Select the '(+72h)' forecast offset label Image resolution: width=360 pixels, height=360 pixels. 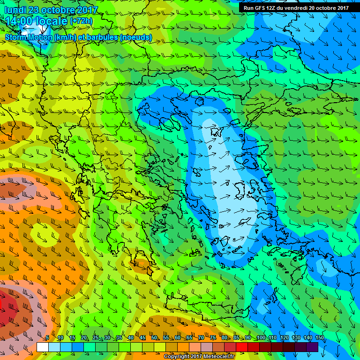(x=81, y=21)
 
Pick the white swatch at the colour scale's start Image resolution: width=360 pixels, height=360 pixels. (x=42, y=347)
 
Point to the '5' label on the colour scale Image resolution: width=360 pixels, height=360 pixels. (x=48, y=338)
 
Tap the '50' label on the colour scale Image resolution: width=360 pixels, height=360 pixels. (x=154, y=338)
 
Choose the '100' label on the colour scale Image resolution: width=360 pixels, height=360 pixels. (x=261, y=338)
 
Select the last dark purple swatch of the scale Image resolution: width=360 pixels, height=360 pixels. (x=312, y=347)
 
